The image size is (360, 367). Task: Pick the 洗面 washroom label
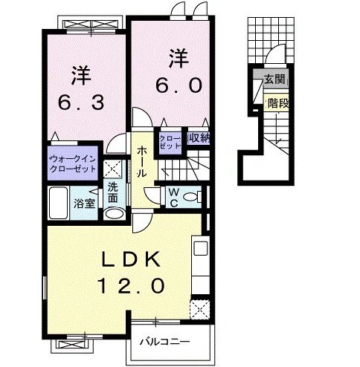click(113, 193)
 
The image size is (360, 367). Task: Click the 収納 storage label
click(198, 137)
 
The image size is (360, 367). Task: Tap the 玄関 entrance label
click(274, 79)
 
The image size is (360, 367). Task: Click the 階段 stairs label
click(277, 104)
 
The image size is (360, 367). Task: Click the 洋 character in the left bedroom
click(82, 75)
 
